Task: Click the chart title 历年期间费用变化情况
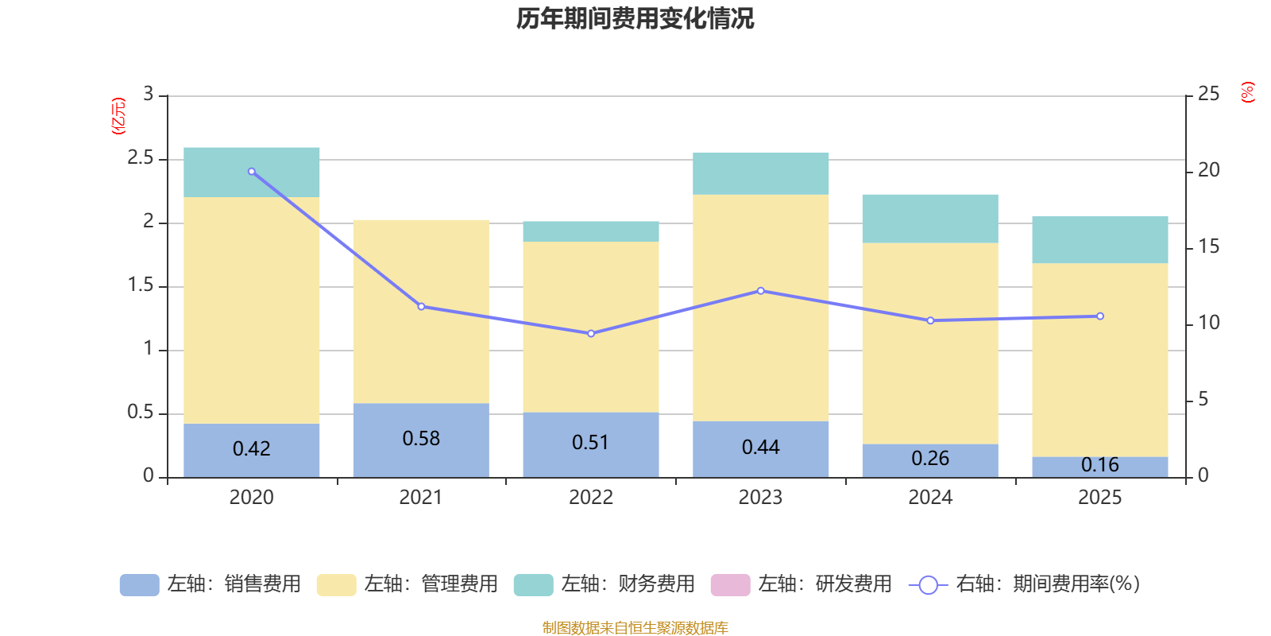click(635, 18)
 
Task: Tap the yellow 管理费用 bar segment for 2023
click(760, 308)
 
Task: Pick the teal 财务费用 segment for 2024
click(930, 219)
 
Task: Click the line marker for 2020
click(252, 172)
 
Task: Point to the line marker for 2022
click(591, 334)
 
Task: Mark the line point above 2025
click(1100, 316)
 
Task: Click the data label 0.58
click(421, 439)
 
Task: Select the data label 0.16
click(1100, 464)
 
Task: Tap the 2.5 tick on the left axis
click(141, 158)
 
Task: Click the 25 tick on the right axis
click(1208, 95)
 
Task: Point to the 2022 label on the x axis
click(591, 498)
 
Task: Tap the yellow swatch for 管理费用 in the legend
click(336, 585)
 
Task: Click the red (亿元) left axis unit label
click(119, 116)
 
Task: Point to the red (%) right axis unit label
click(1248, 92)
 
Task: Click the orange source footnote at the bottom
click(635, 628)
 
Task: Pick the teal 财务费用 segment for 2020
click(252, 173)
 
